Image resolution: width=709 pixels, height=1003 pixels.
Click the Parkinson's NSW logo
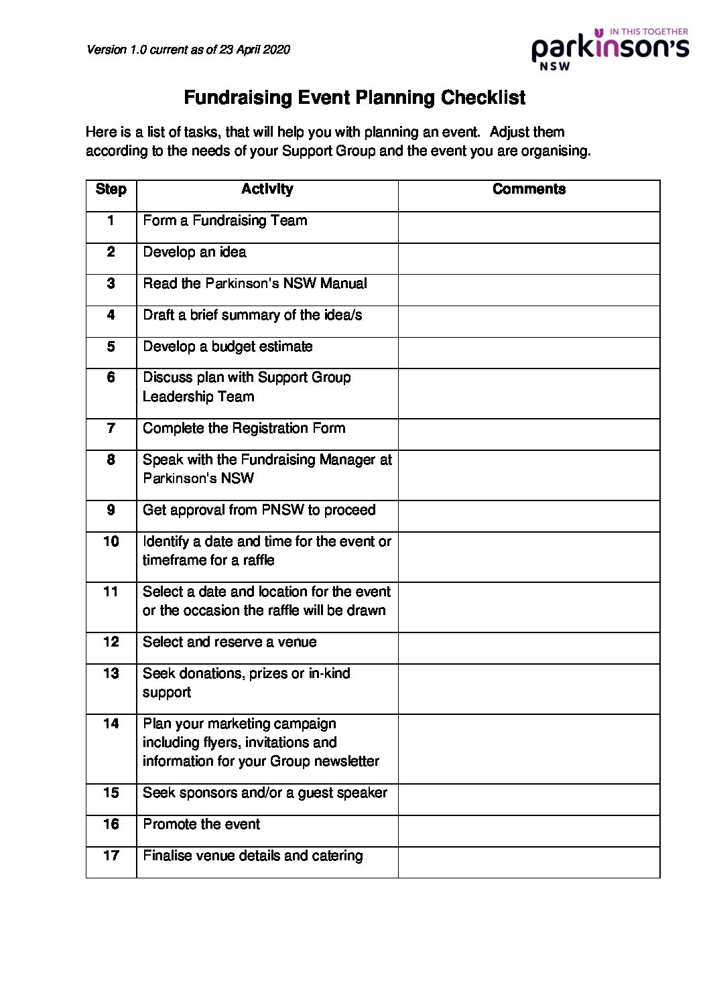point(610,49)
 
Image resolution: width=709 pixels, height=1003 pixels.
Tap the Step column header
point(111,190)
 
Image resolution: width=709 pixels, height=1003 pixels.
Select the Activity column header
point(267,190)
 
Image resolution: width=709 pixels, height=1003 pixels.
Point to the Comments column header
point(529,190)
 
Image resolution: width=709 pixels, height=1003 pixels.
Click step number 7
point(111,428)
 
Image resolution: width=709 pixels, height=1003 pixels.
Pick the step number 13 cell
point(111,673)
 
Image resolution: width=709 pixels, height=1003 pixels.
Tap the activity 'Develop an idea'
point(194,252)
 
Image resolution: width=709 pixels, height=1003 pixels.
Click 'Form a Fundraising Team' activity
point(224,220)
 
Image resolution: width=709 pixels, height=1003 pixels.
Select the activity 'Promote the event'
point(201,824)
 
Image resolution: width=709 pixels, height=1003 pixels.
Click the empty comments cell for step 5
point(529,352)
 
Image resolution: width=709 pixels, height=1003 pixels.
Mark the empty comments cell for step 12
point(529,648)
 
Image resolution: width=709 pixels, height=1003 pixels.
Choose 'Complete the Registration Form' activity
point(244,428)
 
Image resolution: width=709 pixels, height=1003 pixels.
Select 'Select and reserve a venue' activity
point(229,642)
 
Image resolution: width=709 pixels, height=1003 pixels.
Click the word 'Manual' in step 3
point(343,283)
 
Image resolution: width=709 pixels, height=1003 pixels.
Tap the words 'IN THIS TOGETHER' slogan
point(649,31)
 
